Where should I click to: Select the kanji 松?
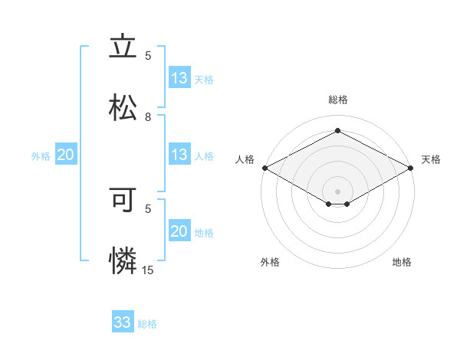pos(123,106)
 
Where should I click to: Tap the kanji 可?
pos(123,201)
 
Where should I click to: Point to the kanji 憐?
pos(123,260)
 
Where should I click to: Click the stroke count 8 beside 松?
pos(149,117)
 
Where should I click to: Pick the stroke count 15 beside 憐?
pos(148,270)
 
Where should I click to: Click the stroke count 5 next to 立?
pos(149,56)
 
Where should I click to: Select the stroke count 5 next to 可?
pos(149,208)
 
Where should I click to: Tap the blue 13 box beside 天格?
pos(179,78)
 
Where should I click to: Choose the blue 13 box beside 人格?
pos(179,155)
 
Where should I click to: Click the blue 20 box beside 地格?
pos(179,231)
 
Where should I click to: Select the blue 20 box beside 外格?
pos(66,155)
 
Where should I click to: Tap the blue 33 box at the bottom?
pos(123,322)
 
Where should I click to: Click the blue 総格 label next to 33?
pos(147,324)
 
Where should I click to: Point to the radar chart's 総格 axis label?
pos(338,100)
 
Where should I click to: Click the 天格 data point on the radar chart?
pos(412,168)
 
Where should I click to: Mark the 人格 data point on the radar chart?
pos(264,168)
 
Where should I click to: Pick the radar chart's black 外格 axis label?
pos(270,262)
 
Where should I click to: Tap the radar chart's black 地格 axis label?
pos(402,262)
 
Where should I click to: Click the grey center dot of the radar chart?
pos(338,191)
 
